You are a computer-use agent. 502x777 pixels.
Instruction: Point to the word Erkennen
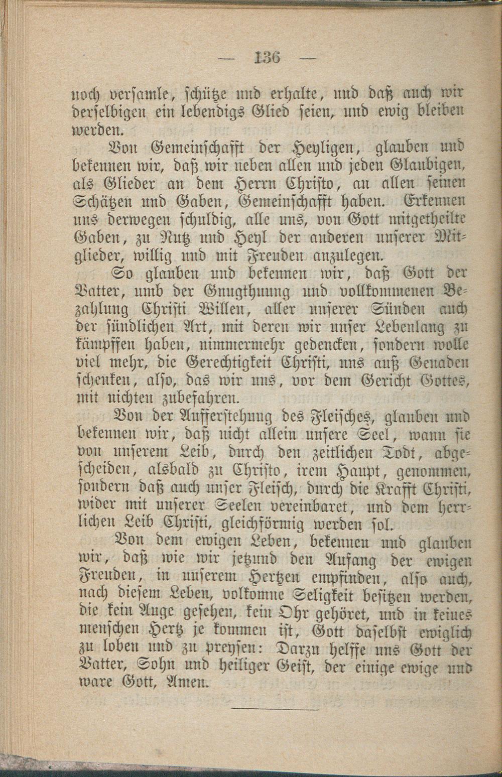(435, 201)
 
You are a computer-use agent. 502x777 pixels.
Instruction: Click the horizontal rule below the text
(276, 709)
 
